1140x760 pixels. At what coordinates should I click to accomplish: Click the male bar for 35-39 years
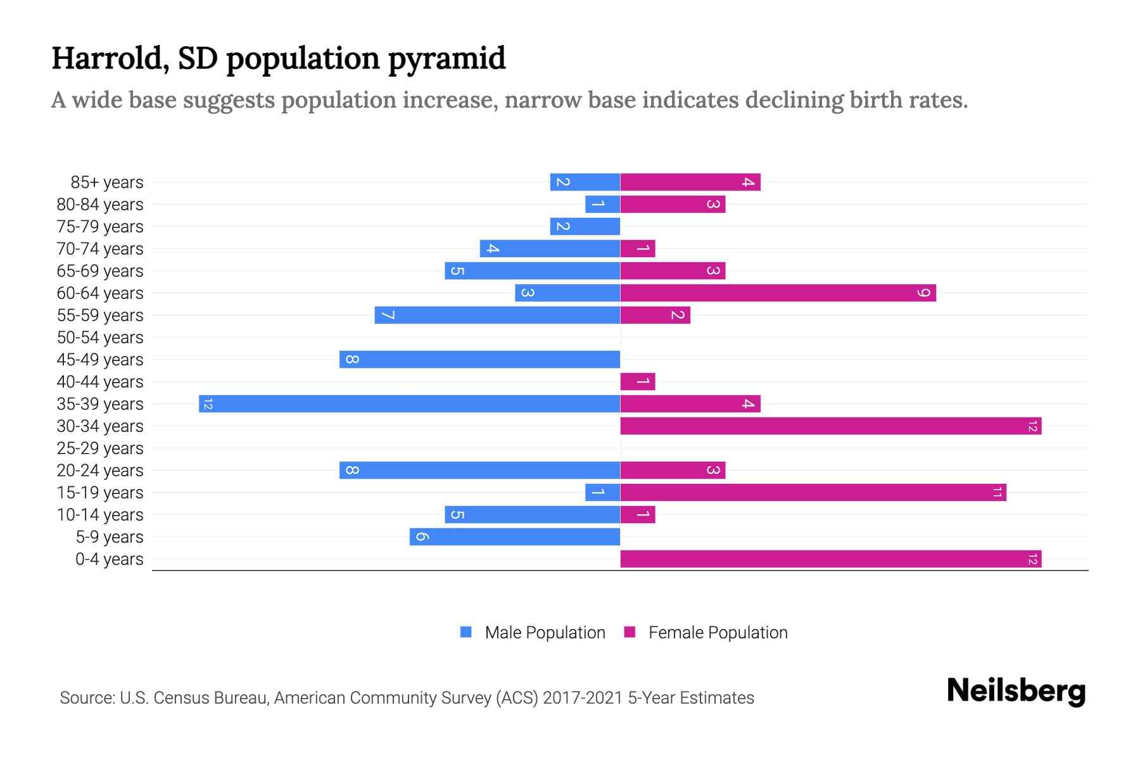click(x=409, y=403)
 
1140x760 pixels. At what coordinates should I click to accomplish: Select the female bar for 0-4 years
click(x=830, y=559)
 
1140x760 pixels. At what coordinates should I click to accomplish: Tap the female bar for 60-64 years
click(x=778, y=293)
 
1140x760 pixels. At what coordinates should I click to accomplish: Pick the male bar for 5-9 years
click(x=514, y=536)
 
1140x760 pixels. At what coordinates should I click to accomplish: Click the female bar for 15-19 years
click(x=813, y=492)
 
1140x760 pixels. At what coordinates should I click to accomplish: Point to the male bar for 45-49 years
click(x=479, y=359)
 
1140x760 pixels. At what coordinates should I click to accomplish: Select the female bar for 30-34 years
click(x=830, y=426)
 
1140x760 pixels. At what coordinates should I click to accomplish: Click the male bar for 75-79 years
click(x=585, y=226)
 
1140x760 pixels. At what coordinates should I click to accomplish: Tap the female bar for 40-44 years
click(x=637, y=381)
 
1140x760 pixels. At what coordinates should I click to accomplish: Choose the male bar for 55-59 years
click(x=497, y=315)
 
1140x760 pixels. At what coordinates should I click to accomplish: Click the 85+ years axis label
click(x=107, y=182)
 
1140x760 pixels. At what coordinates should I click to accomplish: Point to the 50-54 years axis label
click(x=100, y=338)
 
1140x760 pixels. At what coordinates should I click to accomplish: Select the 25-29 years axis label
click(x=100, y=448)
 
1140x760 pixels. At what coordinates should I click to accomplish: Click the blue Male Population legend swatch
click(x=466, y=632)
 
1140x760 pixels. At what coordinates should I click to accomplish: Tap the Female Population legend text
click(x=718, y=633)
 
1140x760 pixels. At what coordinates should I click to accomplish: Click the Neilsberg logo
click(x=1016, y=691)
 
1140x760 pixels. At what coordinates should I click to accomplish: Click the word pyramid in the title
click(x=446, y=59)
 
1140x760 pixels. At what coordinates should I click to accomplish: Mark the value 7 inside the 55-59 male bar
click(x=388, y=315)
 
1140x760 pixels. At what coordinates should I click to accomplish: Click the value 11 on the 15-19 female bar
click(x=996, y=492)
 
